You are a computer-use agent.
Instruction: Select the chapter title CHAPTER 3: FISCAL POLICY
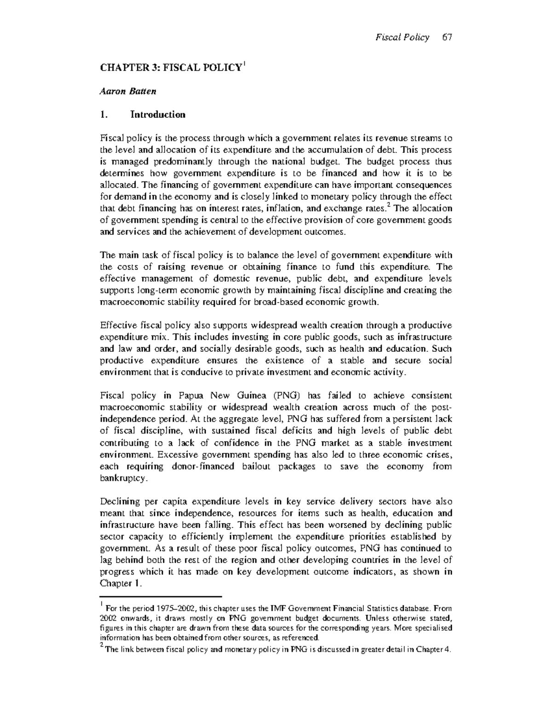pos(171,68)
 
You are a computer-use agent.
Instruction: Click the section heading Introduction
pos(158,114)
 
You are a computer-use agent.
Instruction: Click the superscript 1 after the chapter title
pos(244,65)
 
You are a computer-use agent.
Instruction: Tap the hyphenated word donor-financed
pos(203,466)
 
